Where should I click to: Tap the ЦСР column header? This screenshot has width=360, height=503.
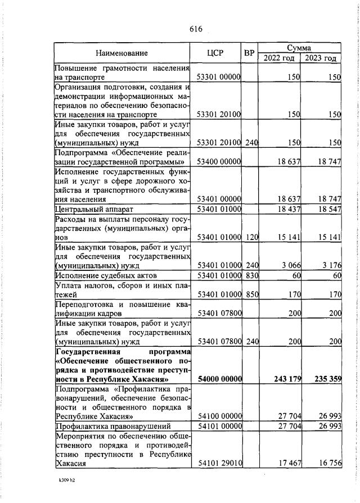215,53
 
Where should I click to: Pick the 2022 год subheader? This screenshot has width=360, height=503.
280,58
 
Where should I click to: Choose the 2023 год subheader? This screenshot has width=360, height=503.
321,58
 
